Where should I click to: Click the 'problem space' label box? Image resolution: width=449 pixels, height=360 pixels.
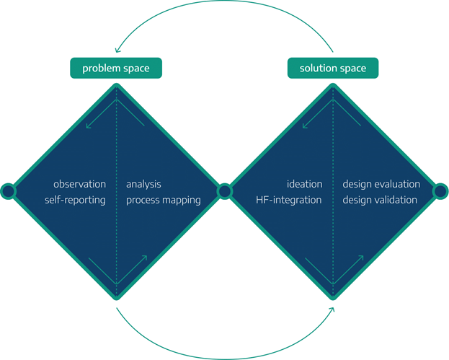pyautogui.click(x=116, y=69)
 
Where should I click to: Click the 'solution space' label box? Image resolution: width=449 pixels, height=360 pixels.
pyautogui.click(x=332, y=69)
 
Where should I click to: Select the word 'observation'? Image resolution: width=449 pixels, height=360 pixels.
pyautogui.click(x=79, y=184)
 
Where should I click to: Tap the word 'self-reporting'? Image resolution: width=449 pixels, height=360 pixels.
pyautogui.click(x=75, y=200)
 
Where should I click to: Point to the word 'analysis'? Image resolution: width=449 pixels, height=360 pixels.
pyautogui.click(x=143, y=184)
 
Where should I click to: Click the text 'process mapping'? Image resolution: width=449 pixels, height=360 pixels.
pyautogui.click(x=164, y=200)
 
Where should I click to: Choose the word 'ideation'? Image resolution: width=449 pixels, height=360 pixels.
pyautogui.click(x=303, y=184)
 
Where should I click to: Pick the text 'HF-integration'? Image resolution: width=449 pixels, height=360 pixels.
pyautogui.click(x=288, y=200)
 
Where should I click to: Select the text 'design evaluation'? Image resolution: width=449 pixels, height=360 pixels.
pyautogui.click(x=381, y=184)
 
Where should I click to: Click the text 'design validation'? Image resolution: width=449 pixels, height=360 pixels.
pyautogui.click(x=380, y=200)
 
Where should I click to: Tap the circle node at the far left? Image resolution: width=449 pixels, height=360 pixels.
pyautogui.click(x=8, y=191)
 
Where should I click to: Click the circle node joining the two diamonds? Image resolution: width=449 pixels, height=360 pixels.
pyautogui.click(x=224, y=191)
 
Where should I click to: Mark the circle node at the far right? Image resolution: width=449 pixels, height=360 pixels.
pyautogui.click(x=440, y=191)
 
